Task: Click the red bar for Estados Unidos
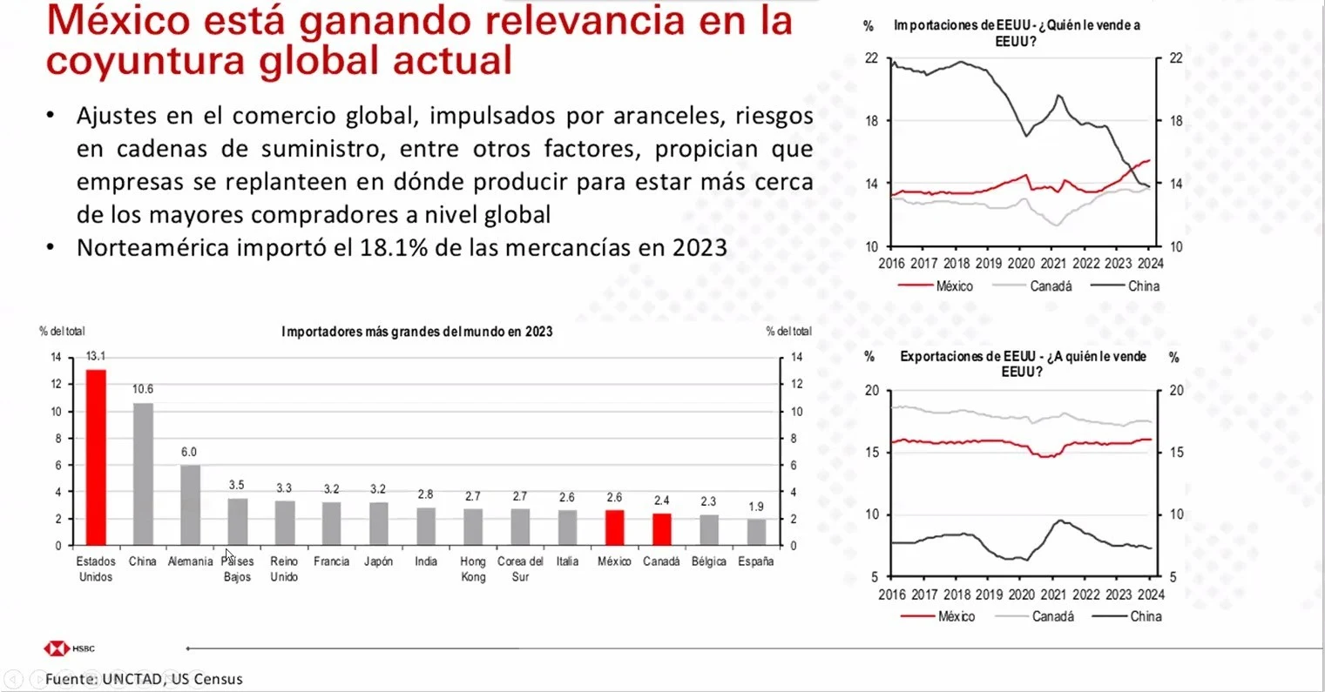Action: (96, 457)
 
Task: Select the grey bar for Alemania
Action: (190, 505)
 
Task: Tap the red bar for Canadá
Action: (661, 529)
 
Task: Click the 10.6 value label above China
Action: (143, 389)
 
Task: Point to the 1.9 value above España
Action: (756, 507)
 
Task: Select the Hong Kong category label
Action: (473, 569)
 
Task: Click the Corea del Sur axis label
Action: (520, 569)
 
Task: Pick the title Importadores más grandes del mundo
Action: (416, 332)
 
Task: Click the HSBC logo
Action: (70, 648)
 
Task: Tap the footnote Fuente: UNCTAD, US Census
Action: (145, 679)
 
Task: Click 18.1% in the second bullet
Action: (394, 248)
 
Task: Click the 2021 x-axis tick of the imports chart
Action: (1053, 264)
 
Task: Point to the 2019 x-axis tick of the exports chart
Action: (989, 595)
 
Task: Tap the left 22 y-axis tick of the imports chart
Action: (872, 58)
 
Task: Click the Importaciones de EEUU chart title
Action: (1016, 32)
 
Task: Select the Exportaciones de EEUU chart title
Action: (1023, 364)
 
